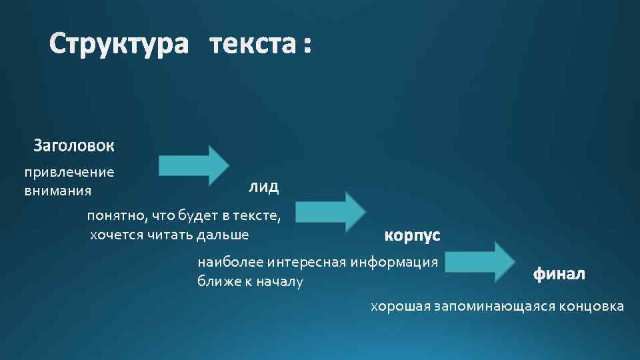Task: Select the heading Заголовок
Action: tap(74, 145)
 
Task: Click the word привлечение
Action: tap(69, 173)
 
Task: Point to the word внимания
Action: tap(58, 191)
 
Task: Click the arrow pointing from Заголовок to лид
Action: tap(194, 165)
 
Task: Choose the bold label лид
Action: tap(264, 187)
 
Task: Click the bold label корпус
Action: tap(413, 236)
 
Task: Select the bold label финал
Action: tap(559, 273)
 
